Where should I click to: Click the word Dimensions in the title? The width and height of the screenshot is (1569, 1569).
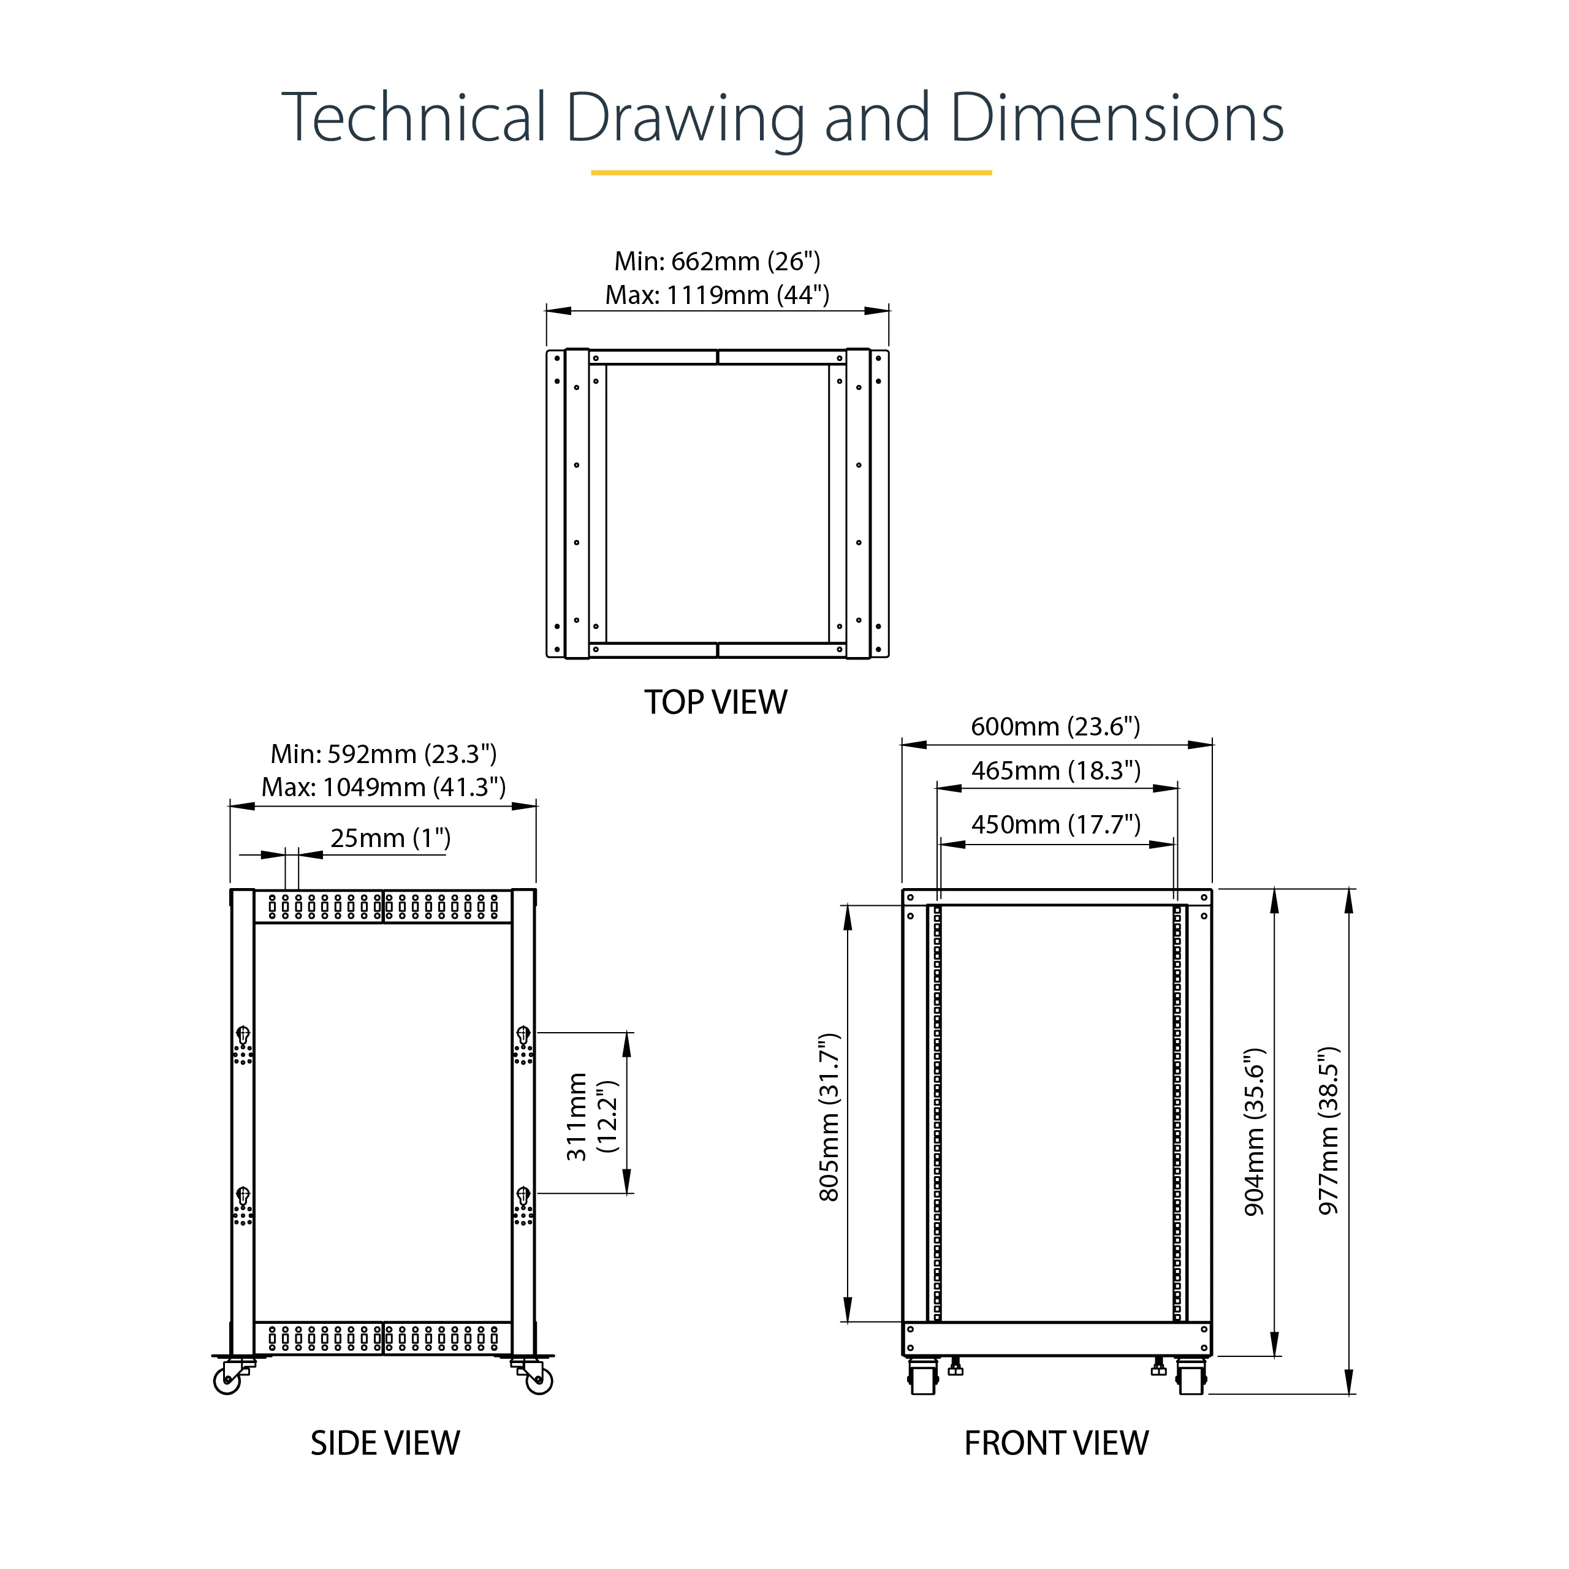tap(1117, 118)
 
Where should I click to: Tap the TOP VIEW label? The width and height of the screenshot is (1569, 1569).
tap(715, 702)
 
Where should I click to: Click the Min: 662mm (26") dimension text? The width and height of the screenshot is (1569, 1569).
tap(717, 262)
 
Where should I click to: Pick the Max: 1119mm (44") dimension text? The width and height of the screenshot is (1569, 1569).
tap(717, 295)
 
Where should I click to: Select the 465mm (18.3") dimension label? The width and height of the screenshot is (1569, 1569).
tap(1056, 770)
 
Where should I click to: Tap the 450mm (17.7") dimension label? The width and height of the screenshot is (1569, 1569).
tap(1056, 825)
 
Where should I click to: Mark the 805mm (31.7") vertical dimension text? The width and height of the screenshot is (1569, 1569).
tap(829, 1117)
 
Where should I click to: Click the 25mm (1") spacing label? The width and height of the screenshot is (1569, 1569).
tap(390, 838)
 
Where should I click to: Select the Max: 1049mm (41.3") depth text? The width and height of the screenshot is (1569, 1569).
tap(383, 788)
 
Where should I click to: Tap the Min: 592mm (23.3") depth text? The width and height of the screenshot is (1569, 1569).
tap(383, 754)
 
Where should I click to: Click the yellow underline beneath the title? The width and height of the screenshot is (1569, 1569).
tap(791, 173)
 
